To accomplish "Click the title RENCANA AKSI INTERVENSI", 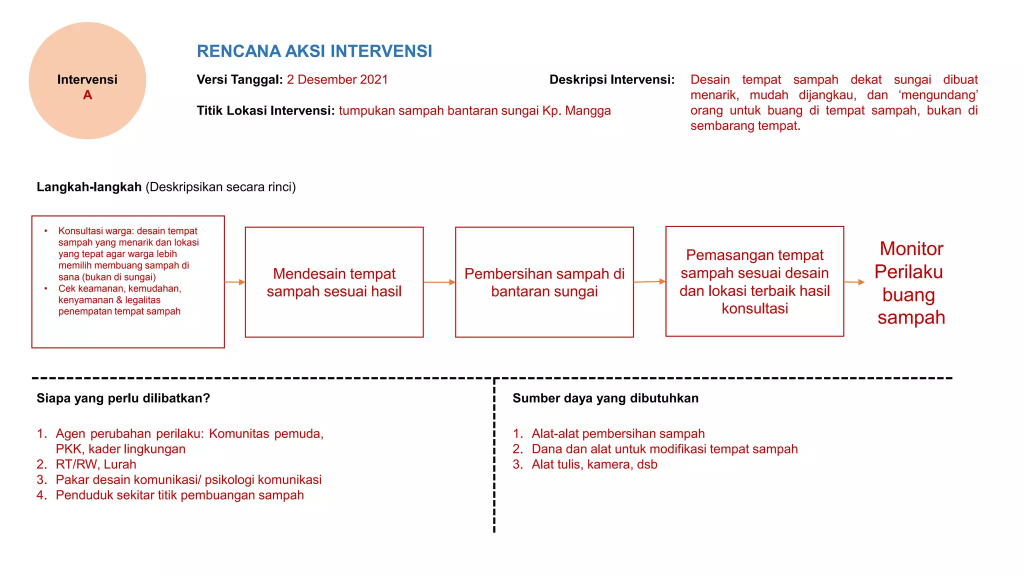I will coord(314,51).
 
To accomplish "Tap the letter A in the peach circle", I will coord(87,95).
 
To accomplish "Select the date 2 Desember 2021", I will coord(337,79).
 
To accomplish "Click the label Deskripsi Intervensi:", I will coord(611,79).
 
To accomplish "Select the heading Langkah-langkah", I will coord(89,187).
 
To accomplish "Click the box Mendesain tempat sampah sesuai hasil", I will coord(334,282).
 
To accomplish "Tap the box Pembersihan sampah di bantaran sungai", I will coord(544,282).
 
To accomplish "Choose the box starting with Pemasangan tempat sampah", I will coord(754,281).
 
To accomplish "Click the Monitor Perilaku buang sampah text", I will coord(910,283).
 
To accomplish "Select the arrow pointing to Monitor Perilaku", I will coord(854,282).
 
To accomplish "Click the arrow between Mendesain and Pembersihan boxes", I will coord(439,282).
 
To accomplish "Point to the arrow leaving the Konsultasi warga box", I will coord(234,282).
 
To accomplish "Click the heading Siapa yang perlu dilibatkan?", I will coord(123,398).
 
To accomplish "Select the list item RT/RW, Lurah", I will coord(95,464).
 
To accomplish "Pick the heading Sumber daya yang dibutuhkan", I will coord(605,398).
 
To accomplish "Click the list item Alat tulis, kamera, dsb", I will coord(594,464).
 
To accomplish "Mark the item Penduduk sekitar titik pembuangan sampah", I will coord(179,495).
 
